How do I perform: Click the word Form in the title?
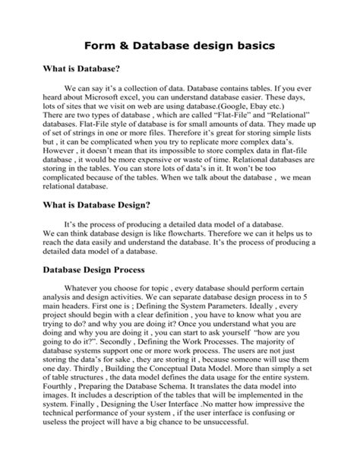[x=109, y=46]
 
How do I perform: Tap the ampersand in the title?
[x=134, y=46]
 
